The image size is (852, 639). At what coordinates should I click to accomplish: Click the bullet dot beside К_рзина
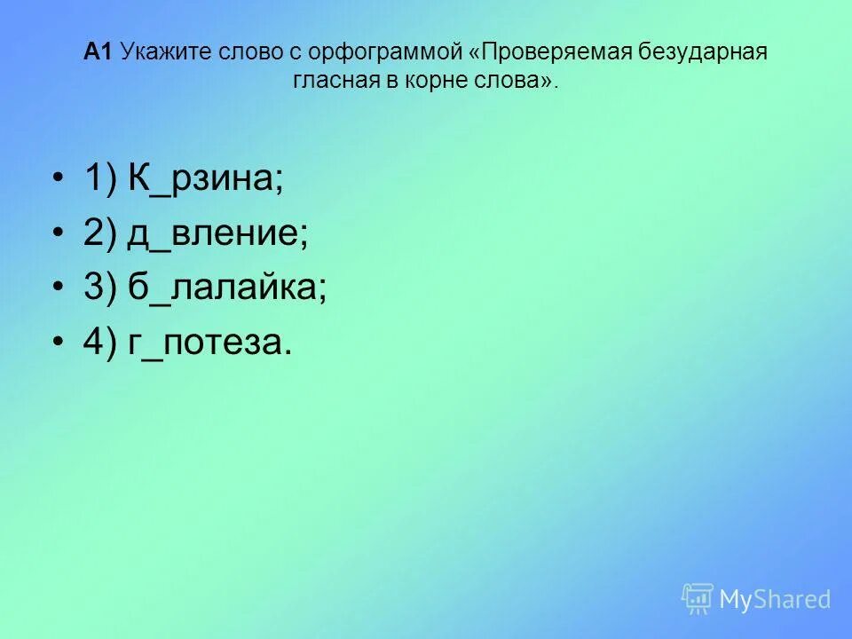click(59, 178)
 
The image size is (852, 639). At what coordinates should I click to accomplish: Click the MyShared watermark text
click(775, 600)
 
